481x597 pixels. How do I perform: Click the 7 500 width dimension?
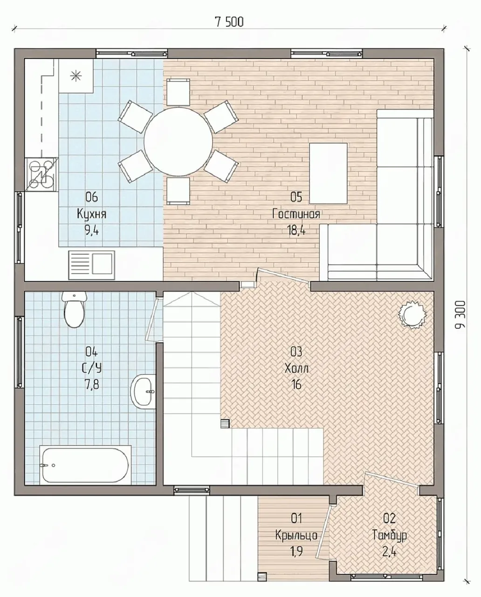click(x=229, y=22)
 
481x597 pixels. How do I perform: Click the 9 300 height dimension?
click(x=460, y=314)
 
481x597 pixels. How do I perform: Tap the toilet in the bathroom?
click(x=74, y=309)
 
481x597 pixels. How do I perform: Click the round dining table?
click(x=178, y=140)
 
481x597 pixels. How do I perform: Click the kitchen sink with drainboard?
click(x=91, y=265)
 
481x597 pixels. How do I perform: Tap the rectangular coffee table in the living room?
click(x=328, y=174)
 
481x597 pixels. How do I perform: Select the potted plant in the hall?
click(x=412, y=314)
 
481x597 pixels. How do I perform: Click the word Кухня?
click(x=91, y=215)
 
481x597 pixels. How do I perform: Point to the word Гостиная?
click(x=296, y=214)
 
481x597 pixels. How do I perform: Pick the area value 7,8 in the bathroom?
click(x=91, y=385)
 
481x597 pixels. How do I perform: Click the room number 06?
click(x=91, y=198)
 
